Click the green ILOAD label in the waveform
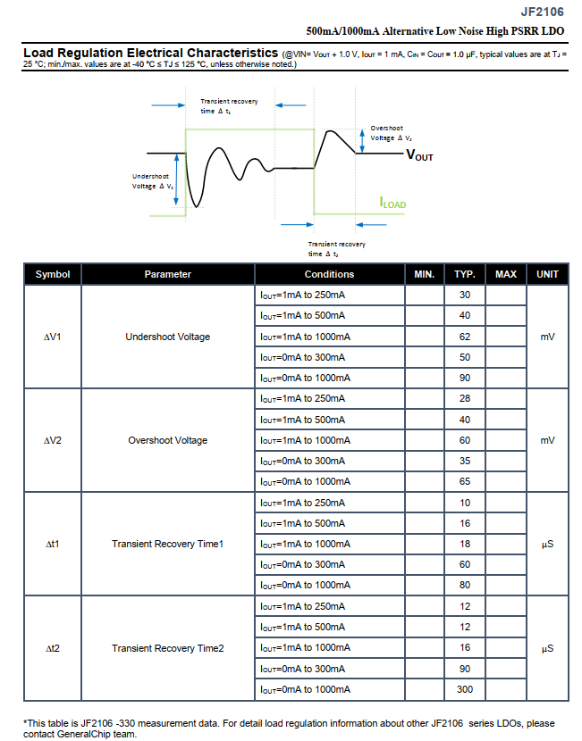392,204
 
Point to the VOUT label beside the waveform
419,155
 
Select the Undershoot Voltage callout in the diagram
153,181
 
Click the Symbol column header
53,274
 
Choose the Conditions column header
329,274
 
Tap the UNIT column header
547,274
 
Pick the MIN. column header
425,274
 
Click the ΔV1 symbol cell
53,337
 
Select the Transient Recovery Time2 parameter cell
168,647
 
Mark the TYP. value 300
465,689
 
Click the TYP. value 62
465,337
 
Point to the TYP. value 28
465,398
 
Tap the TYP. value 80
465,586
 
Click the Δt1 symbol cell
53,544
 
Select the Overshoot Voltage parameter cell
168,440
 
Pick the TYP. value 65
465,481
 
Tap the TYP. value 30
465,295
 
